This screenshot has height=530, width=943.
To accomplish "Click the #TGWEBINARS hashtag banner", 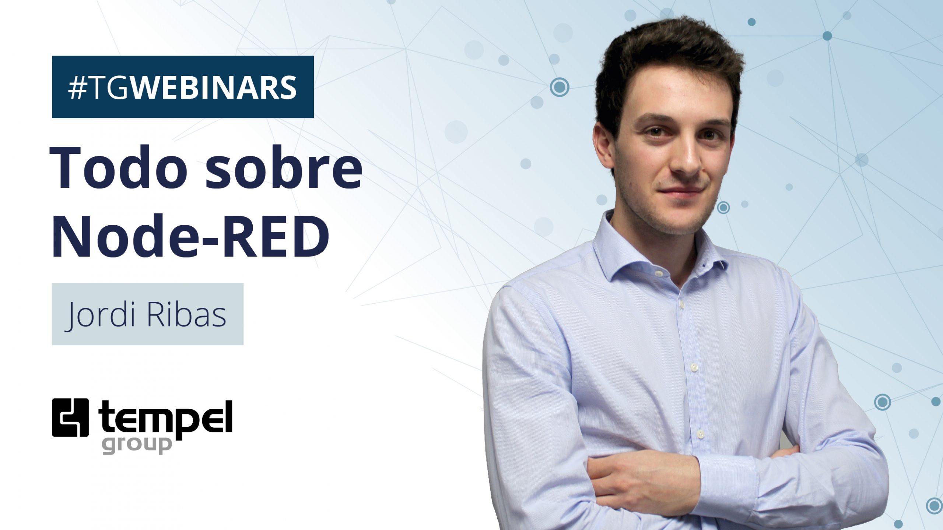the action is (x=183, y=87).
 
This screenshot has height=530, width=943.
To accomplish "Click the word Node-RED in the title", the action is (x=190, y=236).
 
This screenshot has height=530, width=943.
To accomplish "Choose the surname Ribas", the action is (x=186, y=314).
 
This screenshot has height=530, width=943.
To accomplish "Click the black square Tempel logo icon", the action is (x=70, y=417).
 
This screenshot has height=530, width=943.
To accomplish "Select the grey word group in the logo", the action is (x=137, y=445).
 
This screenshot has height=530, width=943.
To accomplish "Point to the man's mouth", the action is (x=681, y=191).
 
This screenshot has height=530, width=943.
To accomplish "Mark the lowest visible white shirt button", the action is (x=701, y=434).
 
